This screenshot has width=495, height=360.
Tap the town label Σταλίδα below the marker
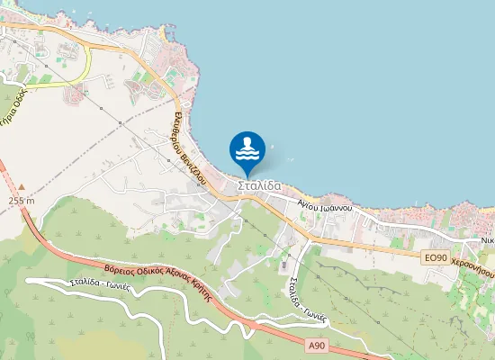(x=259, y=186)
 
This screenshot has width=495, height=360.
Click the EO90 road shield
(x=435, y=257)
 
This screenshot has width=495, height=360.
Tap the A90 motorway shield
(x=315, y=346)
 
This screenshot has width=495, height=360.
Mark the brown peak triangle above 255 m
(x=21, y=188)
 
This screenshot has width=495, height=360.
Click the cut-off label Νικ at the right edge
(x=487, y=240)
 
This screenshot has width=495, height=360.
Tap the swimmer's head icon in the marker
(x=247, y=142)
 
